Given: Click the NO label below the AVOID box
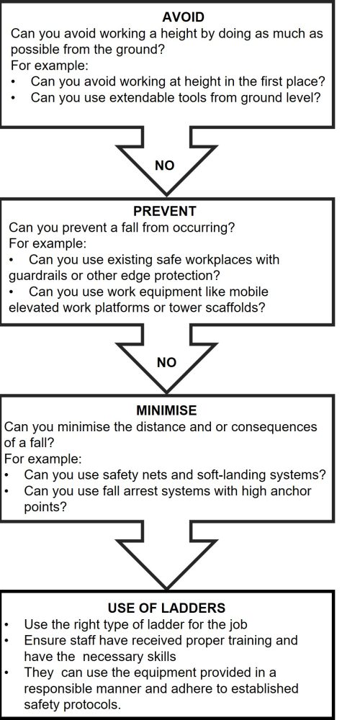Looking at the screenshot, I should (x=165, y=166).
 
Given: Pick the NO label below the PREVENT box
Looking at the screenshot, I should (x=166, y=362).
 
